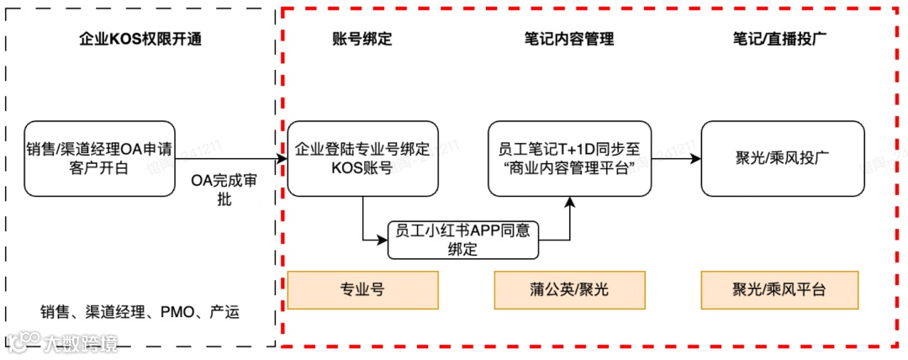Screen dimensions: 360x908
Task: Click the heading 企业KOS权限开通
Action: tap(140, 40)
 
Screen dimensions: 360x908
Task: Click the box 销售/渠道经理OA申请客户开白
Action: tap(99, 158)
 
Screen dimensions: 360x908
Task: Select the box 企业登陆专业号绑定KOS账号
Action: tap(362, 158)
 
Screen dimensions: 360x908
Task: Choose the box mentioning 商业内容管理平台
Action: tap(569, 158)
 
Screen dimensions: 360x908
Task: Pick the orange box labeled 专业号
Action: tap(362, 289)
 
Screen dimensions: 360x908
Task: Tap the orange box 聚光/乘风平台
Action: tap(779, 289)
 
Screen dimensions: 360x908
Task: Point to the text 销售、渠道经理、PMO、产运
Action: tap(140, 313)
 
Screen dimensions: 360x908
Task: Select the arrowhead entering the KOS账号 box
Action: tap(282, 158)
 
